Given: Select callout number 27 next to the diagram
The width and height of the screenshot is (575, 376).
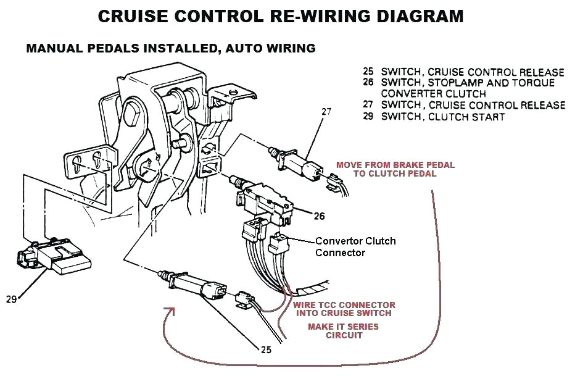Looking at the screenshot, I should (x=327, y=112).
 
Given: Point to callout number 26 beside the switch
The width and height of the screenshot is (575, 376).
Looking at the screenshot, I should (x=319, y=215).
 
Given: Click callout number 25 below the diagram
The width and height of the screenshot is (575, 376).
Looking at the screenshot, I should (x=265, y=349).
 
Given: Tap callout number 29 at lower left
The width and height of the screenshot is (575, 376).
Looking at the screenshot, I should (x=12, y=299).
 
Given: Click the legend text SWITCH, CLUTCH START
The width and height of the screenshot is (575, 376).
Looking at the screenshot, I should (x=443, y=117).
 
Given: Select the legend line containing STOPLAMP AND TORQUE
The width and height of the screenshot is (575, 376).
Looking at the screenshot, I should (x=468, y=82).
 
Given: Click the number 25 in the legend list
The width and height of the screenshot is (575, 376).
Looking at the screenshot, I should (x=369, y=72).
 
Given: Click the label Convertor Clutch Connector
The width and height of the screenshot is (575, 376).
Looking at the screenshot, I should (x=355, y=246).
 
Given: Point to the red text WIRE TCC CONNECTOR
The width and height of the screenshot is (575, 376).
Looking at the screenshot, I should (x=344, y=305).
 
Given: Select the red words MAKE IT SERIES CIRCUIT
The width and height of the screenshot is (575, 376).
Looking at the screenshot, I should (x=343, y=331).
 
